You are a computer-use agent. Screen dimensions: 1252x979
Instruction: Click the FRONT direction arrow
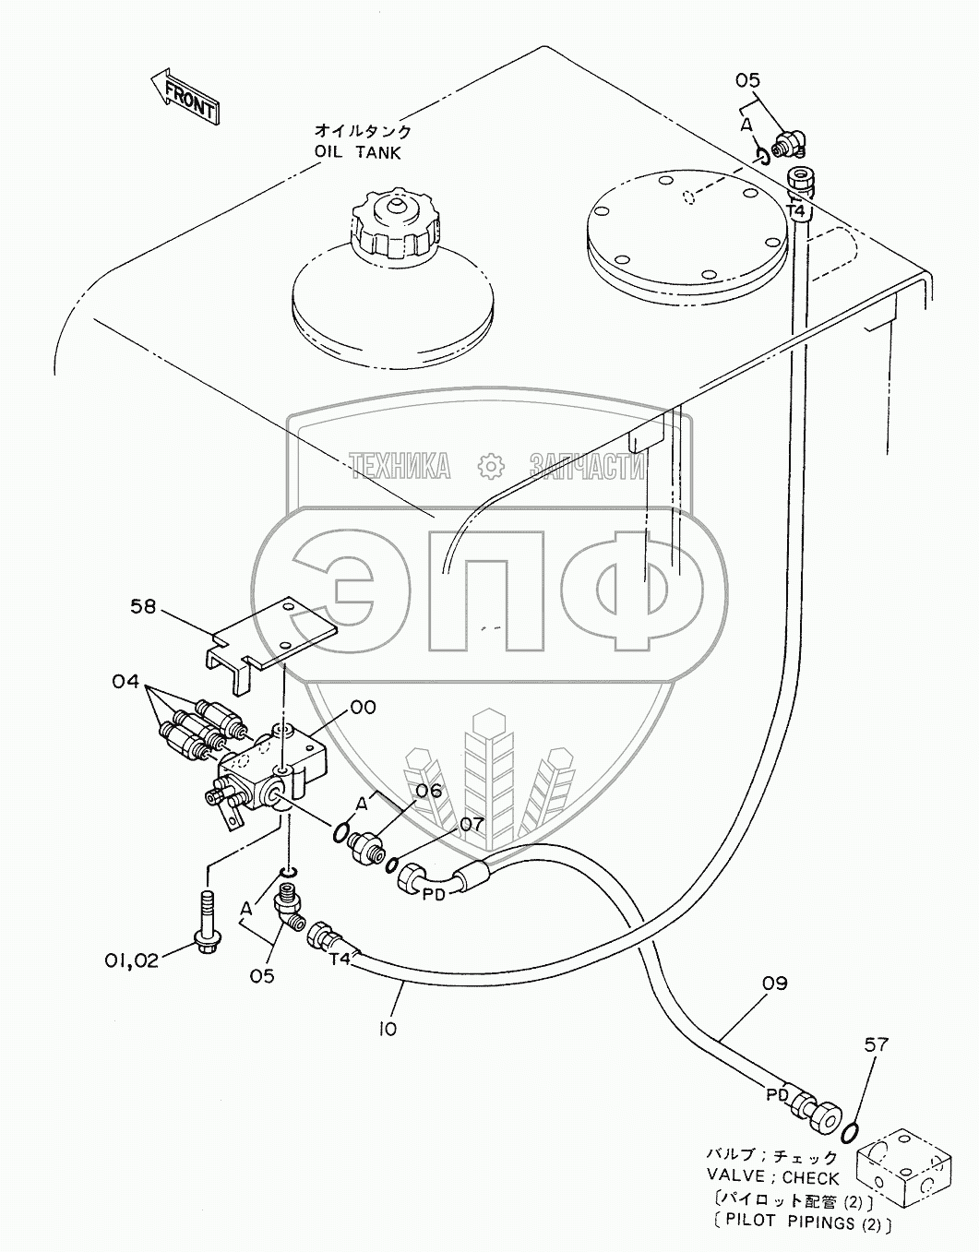(x=185, y=96)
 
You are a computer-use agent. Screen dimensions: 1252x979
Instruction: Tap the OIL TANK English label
(x=357, y=152)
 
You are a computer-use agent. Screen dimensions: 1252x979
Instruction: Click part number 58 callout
(x=143, y=607)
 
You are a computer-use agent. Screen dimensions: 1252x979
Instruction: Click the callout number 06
(x=428, y=791)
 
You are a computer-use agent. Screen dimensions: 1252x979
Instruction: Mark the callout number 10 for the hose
(x=388, y=1027)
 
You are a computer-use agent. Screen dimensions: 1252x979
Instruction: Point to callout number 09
(x=774, y=984)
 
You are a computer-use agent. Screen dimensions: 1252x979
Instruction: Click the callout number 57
(x=877, y=1045)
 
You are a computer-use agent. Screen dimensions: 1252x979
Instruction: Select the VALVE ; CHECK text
(x=773, y=1178)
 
